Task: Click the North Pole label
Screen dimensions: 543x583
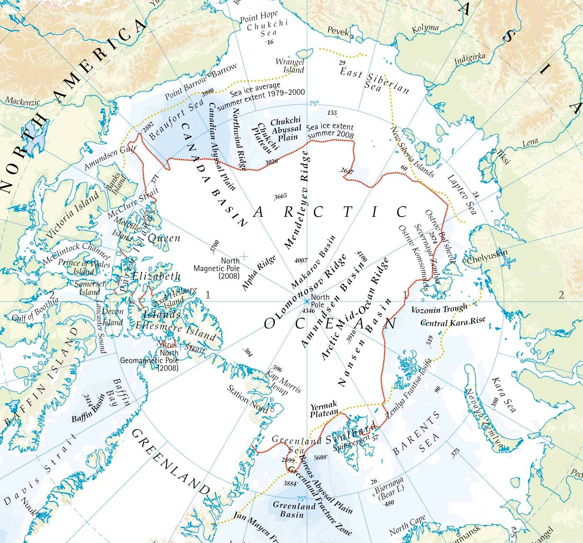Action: click(320, 301)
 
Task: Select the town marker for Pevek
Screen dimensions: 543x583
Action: click(352, 37)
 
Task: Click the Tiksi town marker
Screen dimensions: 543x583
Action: click(496, 152)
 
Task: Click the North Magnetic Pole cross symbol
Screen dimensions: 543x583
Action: click(244, 256)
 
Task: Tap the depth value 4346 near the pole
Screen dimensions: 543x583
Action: click(308, 311)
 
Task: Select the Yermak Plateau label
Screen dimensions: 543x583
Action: click(324, 409)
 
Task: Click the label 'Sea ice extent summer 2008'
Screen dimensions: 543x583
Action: click(330, 130)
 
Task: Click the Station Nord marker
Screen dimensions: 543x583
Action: click(272, 410)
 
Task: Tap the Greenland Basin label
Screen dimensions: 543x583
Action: click(294, 510)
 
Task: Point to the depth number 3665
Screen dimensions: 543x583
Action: click(280, 196)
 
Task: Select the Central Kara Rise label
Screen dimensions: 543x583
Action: click(452, 322)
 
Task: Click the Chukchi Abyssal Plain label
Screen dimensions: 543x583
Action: click(286, 129)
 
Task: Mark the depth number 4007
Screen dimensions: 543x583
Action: click(301, 261)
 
